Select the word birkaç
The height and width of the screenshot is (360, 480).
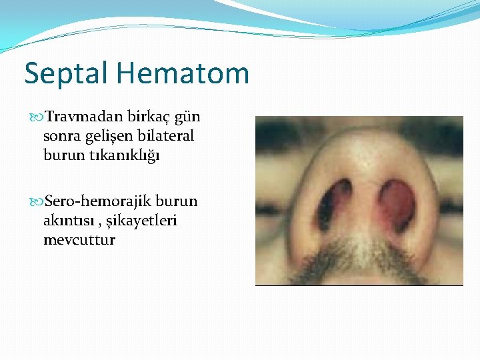point(149,117)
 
